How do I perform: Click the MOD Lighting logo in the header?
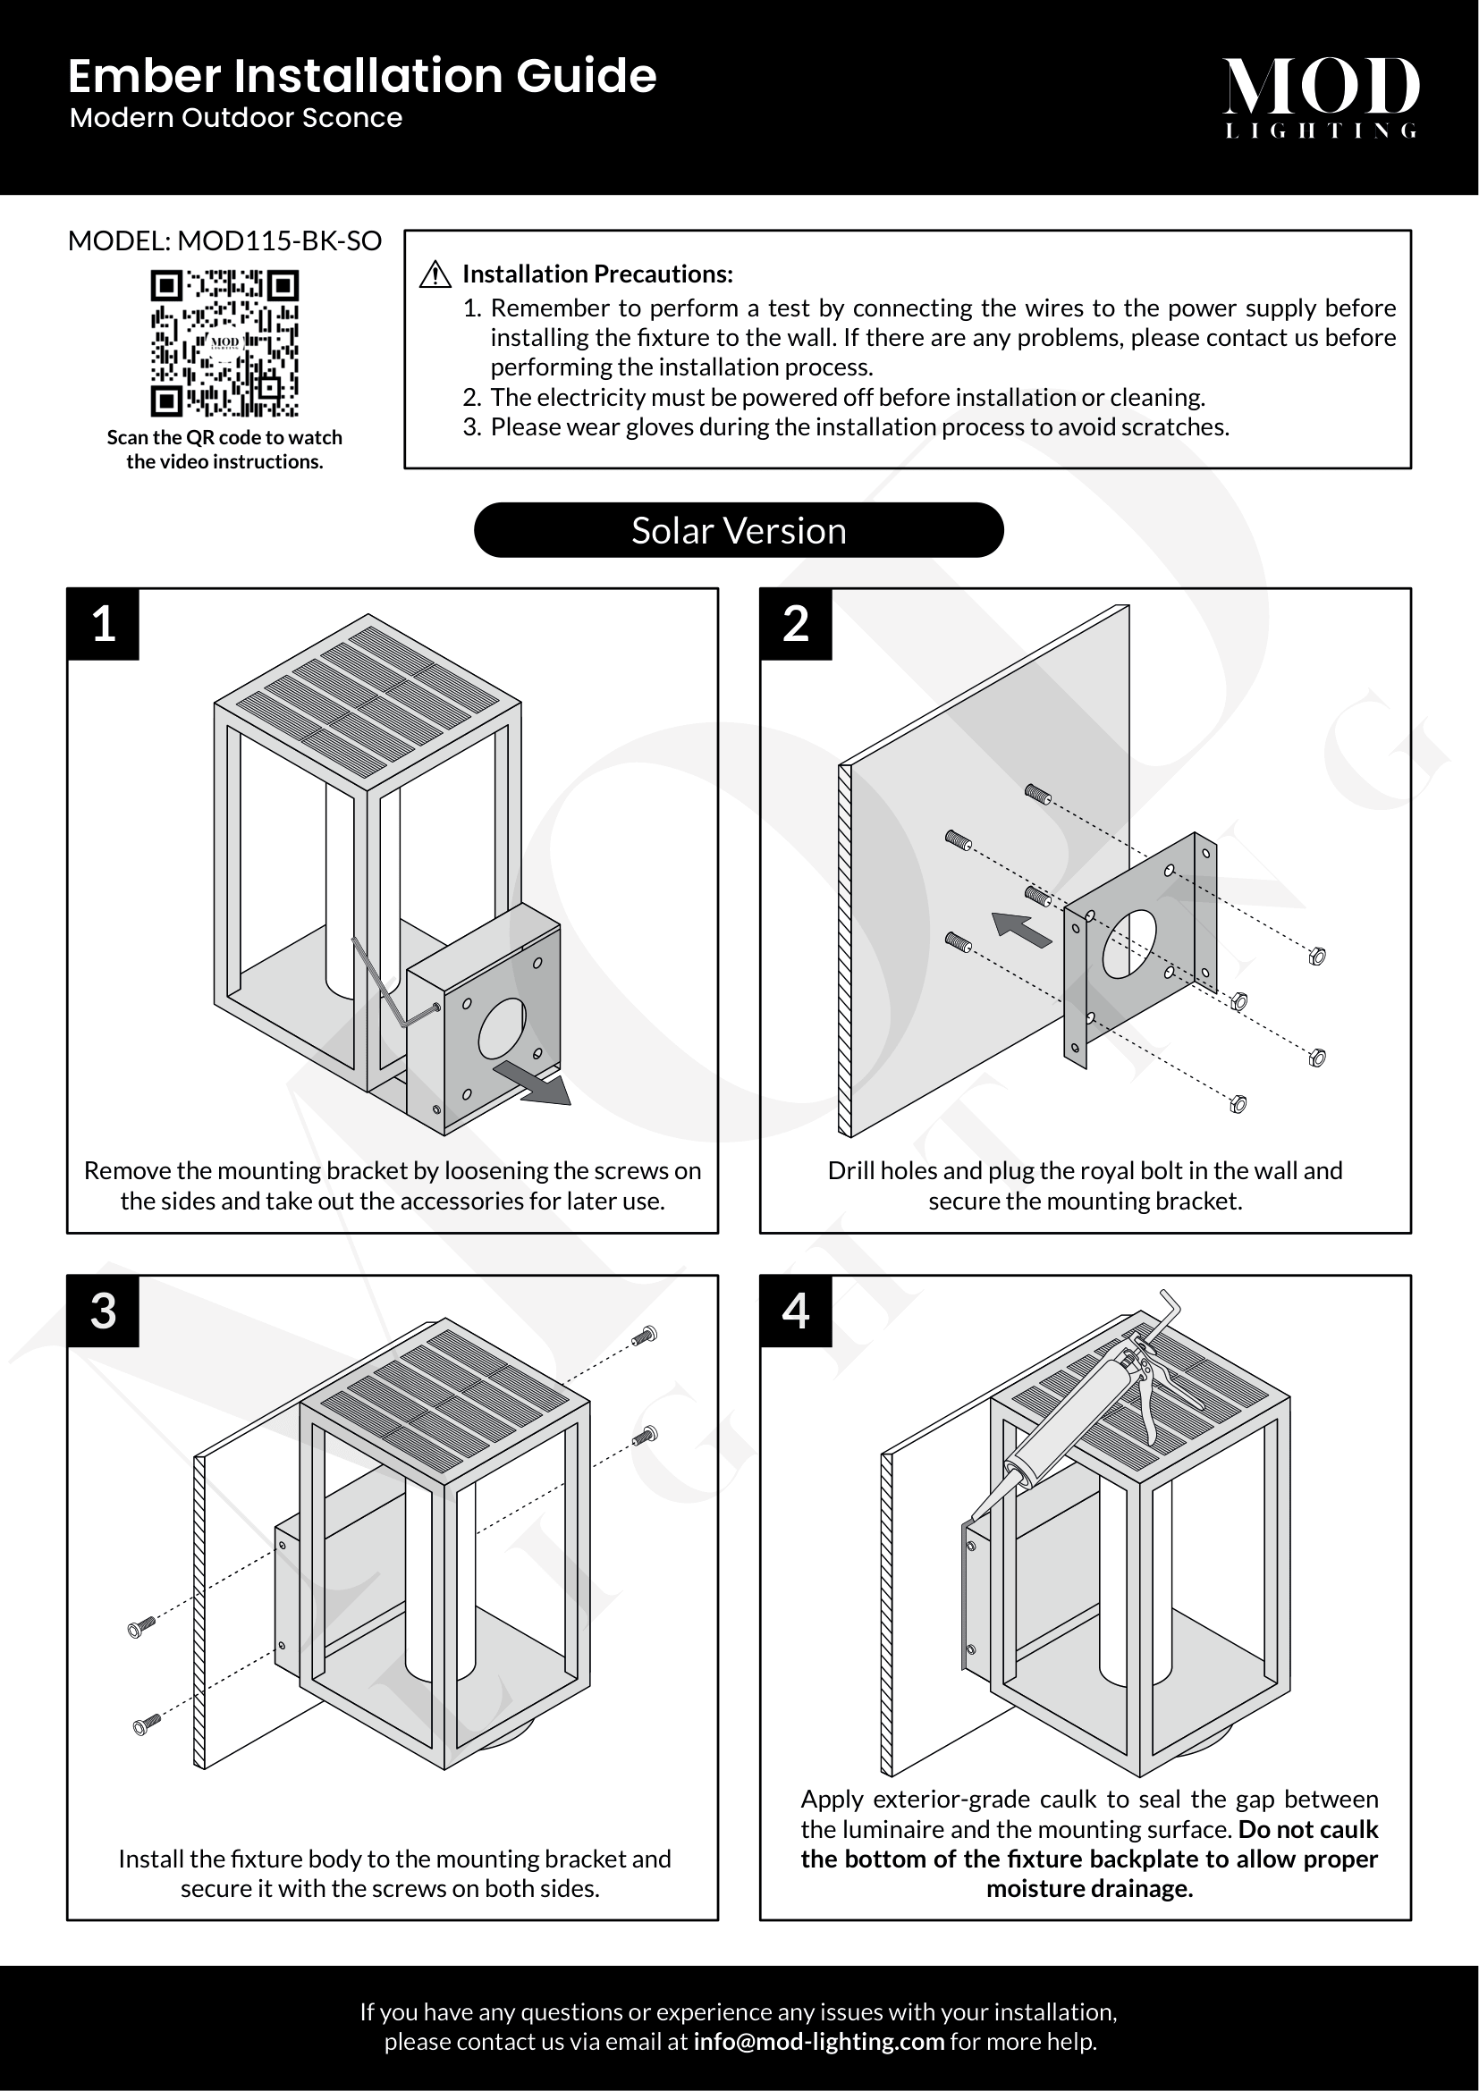coord(1320,97)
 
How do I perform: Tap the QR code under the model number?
coord(224,342)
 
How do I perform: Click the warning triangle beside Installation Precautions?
coord(435,274)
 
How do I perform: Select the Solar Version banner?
coord(739,530)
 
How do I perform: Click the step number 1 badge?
coord(104,625)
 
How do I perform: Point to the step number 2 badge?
coord(796,625)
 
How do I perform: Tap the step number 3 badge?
coord(104,1311)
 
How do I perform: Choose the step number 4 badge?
coord(796,1311)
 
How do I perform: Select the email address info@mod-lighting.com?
coord(818,2042)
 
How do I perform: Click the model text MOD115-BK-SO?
coord(280,241)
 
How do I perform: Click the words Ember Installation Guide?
coord(361,76)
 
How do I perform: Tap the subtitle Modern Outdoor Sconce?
coord(236,118)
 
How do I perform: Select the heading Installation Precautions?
coord(597,274)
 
